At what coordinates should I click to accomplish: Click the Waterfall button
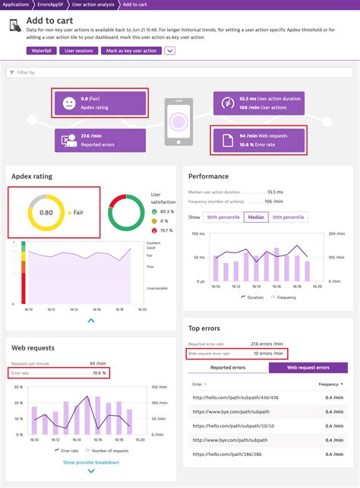pos(41,51)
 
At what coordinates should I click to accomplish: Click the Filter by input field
pos(179,72)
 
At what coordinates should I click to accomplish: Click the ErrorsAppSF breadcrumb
pos(51,5)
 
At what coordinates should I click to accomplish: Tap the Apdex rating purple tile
pos(100,103)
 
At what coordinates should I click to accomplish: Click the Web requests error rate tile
pos(259,139)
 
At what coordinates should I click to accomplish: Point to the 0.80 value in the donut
pos(46,213)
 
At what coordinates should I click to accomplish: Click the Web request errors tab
pos(311,368)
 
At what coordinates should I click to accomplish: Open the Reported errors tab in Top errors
pos(228,368)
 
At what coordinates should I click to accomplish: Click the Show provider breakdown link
pos(90,461)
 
